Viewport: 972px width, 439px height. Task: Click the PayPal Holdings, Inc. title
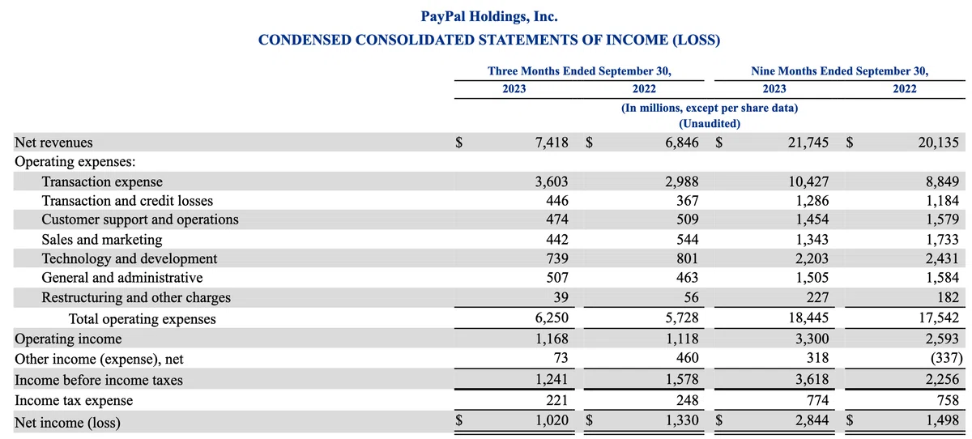[489, 16]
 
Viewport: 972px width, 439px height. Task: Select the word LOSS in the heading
[696, 40]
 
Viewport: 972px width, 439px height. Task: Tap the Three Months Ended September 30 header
[579, 70]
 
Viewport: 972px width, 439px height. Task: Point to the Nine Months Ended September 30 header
[840, 70]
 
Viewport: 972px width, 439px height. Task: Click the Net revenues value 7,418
[552, 143]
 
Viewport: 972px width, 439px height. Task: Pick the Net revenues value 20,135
[938, 143]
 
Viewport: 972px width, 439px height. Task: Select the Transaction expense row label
[102, 181]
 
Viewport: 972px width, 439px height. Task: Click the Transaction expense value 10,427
[808, 181]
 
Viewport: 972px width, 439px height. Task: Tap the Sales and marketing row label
[102, 240]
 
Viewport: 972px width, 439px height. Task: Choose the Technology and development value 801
[688, 258]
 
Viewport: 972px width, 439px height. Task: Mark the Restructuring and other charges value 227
[817, 297]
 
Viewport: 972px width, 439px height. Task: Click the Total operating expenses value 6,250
[552, 318]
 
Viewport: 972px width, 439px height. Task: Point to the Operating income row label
[68, 339]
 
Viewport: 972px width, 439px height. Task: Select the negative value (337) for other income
[946, 358]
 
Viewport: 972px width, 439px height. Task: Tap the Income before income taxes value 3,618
[812, 379]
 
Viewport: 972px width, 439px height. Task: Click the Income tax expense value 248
[688, 399]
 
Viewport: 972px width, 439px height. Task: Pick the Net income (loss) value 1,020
[552, 420]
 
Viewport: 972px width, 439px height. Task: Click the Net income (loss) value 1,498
[942, 420]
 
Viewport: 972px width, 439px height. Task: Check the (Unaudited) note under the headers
[710, 124]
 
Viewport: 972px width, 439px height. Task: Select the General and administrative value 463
[688, 277]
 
